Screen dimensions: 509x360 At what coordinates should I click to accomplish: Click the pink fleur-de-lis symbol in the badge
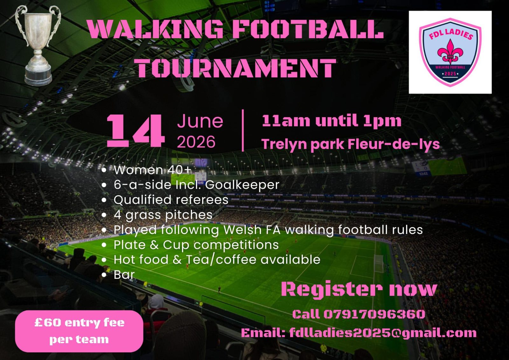pyautogui.click(x=450, y=52)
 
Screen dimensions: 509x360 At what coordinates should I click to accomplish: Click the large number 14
pyautogui.click(x=136, y=131)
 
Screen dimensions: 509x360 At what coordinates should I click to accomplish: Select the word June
pyautogui.click(x=200, y=121)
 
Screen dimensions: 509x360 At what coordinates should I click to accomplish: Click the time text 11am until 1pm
pyautogui.click(x=331, y=121)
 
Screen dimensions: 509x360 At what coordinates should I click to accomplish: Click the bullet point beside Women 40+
pyautogui.click(x=104, y=170)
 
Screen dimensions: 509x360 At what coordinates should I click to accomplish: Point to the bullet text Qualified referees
pyautogui.click(x=171, y=200)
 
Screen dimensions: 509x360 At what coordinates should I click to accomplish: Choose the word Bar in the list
pyautogui.click(x=124, y=275)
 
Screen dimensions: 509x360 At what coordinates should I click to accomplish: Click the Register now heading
pyautogui.click(x=359, y=290)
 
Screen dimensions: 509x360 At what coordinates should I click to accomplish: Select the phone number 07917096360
pyautogui.click(x=374, y=314)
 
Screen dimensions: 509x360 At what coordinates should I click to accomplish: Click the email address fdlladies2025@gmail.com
pyautogui.click(x=383, y=333)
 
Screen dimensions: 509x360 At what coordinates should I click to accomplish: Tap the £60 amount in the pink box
pyautogui.click(x=48, y=322)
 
